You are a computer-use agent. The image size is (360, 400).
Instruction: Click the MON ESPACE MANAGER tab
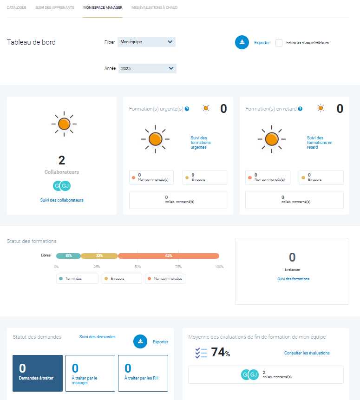click(103, 8)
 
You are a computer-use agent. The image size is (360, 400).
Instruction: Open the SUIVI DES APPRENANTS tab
click(55, 8)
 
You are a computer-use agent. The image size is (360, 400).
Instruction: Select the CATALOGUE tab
click(16, 8)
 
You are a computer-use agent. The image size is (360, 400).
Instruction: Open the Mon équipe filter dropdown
click(146, 42)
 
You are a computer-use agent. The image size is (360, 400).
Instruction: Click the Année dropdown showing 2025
click(147, 68)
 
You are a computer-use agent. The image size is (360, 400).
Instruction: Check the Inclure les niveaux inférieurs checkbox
click(279, 43)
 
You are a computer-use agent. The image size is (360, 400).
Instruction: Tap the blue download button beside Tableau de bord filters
click(242, 42)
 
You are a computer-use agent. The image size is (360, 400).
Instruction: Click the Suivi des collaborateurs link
click(62, 200)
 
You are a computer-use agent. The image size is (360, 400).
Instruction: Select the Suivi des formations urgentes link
click(201, 143)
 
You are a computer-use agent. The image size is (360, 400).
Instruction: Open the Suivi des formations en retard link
click(320, 143)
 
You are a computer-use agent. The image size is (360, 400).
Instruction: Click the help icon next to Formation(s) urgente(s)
click(187, 109)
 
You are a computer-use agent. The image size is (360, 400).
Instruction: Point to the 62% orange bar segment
click(169, 256)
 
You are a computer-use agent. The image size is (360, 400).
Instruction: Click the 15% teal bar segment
click(68, 256)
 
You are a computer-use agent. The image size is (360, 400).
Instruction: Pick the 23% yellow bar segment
click(99, 256)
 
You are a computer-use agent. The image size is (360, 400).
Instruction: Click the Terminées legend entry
click(77, 278)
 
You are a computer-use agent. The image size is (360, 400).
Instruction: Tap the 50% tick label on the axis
click(137, 267)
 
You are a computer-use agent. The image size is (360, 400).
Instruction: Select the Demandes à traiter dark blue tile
click(38, 373)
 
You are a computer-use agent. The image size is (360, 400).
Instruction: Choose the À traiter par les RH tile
click(143, 373)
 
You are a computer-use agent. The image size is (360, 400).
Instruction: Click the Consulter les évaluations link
click(307, 353)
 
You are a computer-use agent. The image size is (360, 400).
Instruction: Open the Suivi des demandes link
click(97, 337)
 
